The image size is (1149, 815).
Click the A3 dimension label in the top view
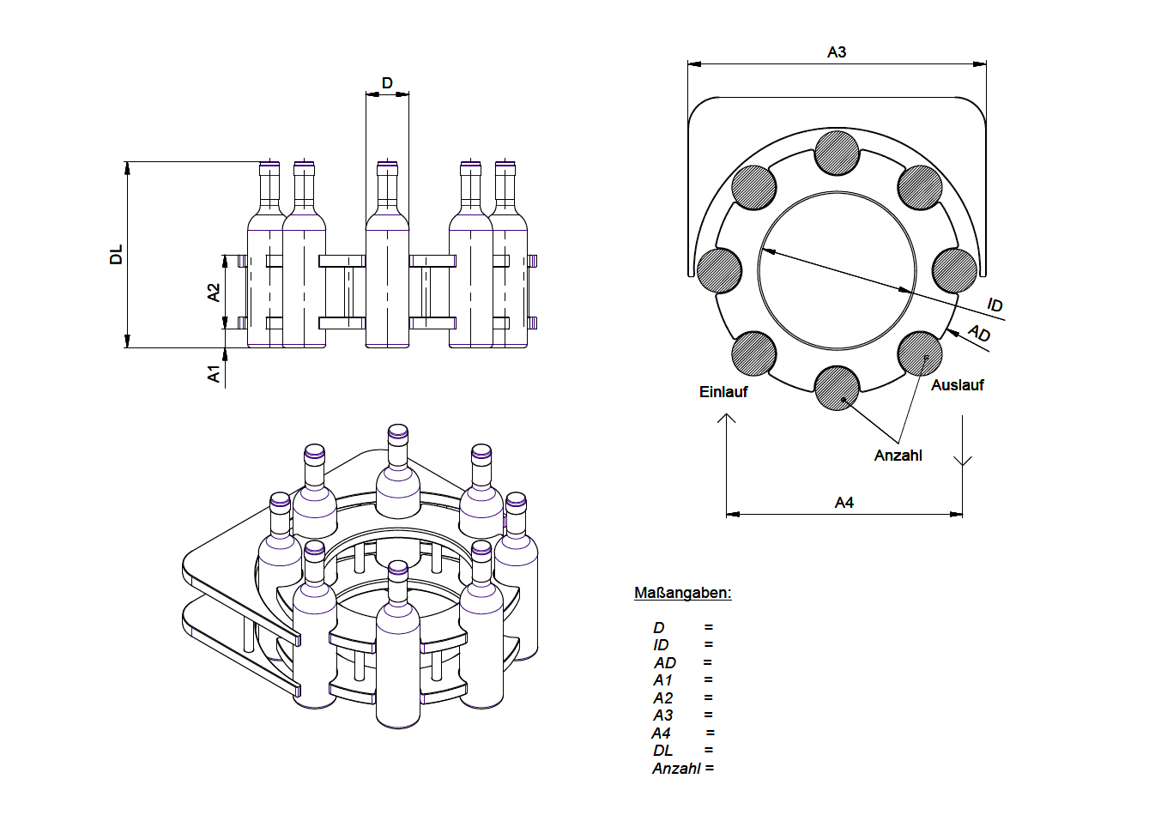[x=837, y=51]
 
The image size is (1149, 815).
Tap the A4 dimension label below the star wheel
[x=844, y=502]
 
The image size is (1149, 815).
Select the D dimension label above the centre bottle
[x=387, y=82]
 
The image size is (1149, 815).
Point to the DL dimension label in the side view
[x=117, y=255]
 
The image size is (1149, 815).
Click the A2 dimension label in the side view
[x=214, y=293]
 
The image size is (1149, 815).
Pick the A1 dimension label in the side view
[x=214, y=373]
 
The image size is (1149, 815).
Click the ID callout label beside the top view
[x=995, y=305]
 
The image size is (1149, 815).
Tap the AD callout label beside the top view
[x=979, y=334]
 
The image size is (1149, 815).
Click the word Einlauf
[x=723, y=392]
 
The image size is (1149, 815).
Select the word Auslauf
[x=957, y=385]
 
